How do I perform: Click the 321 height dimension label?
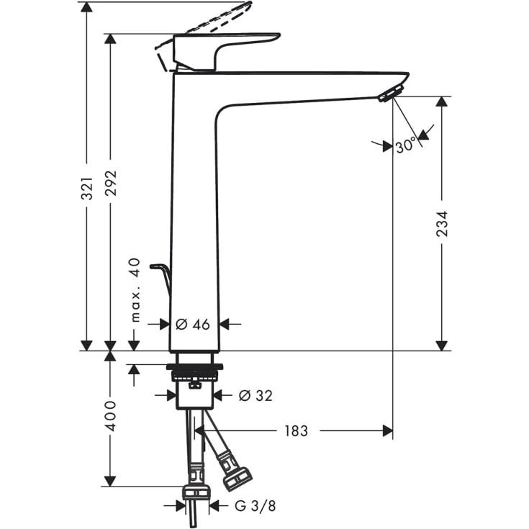(x=87, y=188)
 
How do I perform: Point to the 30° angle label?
(x=405, y=145)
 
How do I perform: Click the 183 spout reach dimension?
(x=295, y=431)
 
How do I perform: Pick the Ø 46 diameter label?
(x=193, y=324)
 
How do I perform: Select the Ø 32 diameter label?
(x=255, y=395)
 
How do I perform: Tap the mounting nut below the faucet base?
(x=194, y=369)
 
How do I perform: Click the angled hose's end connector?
(x=236, y=476)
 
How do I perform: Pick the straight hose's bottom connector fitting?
(x=195, y=492)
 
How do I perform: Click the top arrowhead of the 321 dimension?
(x=87, y=7)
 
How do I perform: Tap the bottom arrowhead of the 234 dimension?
(x=442, y=345)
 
